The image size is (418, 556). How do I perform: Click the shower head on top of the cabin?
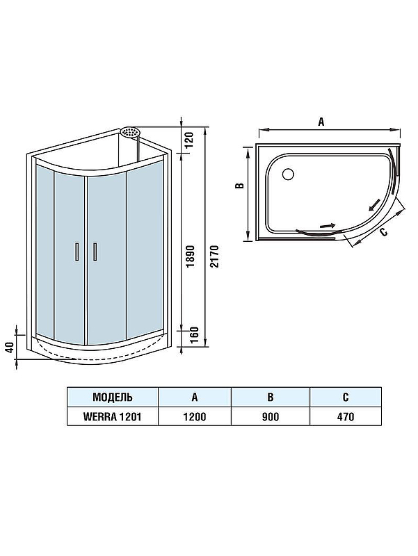(130, 131)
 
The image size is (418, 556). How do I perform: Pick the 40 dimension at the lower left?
(9, 346)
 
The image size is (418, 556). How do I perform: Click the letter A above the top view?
(321, 121)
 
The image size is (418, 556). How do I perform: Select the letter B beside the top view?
(238, 186)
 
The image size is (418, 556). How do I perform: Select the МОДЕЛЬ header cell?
(112, 397)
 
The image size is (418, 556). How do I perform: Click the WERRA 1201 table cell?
(112, 417)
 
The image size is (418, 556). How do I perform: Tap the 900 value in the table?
(271, 417)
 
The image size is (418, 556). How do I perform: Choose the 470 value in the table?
(345, 417)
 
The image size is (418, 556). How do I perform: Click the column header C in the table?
(345, 397)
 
